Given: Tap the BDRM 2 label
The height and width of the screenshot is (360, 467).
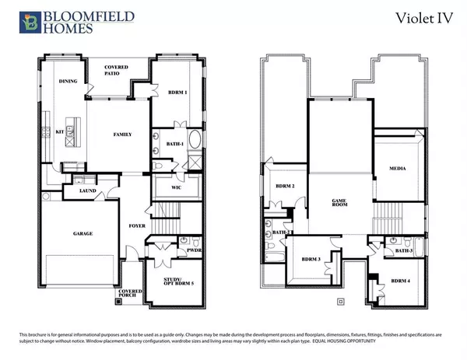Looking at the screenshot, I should pyautogui.click(x=282, y=187).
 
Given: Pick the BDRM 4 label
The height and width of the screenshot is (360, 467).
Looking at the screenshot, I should pyautogui.click(x=400, y=281).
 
